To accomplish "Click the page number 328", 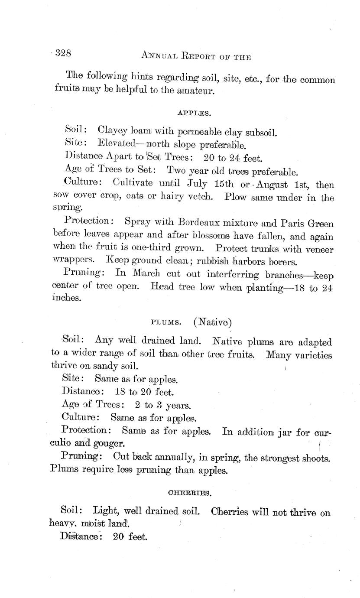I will [63, 53].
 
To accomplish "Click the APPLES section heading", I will [194, 114].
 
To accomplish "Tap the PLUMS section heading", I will [161, 323].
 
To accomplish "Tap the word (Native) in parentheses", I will [213, 322].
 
